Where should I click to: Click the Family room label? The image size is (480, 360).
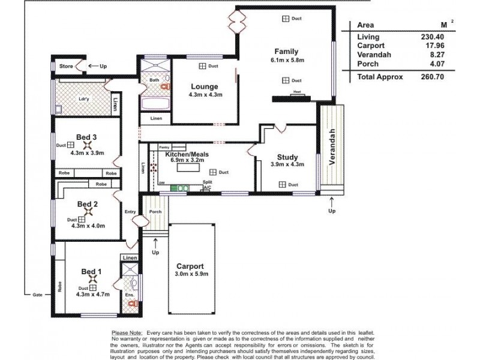click(286, 52)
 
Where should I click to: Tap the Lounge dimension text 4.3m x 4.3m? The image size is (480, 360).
click(205, 95)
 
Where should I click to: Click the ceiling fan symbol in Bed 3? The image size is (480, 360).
click(88, 145)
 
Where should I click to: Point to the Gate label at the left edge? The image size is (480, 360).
click(38, 295)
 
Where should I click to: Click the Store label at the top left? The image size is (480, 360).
click(65, 66)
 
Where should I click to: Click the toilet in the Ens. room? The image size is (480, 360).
click(133, 281)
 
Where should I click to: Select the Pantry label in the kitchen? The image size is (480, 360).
click(164, 146)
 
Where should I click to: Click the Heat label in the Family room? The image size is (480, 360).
click(296, 92)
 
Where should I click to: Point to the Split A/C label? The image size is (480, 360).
click(208, 184)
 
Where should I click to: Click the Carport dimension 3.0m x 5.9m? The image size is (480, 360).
click(190, 275)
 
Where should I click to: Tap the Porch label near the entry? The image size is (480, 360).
click(155, 211)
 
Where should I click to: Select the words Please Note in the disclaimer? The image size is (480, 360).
click(127, 331)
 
